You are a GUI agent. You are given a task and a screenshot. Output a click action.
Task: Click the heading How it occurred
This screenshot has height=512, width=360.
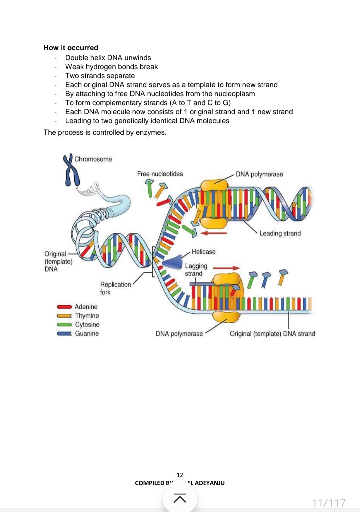tap(71, 48)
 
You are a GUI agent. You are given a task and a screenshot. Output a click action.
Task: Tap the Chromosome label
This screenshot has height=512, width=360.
tap(93, 159)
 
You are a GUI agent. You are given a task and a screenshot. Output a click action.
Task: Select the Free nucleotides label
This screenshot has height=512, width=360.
tap(160, 174)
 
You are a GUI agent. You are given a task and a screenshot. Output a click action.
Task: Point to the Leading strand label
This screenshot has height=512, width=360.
tap(280, 233)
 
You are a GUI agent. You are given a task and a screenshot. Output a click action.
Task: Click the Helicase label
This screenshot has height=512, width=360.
tap(203, 252)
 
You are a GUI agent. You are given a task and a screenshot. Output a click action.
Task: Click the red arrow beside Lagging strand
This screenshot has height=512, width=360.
tap(226, 268)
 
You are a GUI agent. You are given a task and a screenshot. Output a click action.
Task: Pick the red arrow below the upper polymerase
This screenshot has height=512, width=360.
tap(214, 233)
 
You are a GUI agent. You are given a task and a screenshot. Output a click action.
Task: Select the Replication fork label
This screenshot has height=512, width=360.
tap(115, 288)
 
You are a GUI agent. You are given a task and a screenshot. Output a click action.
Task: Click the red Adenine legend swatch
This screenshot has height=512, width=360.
tap(64, 307)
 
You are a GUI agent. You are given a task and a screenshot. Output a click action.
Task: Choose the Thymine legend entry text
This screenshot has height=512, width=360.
tap(87, 316)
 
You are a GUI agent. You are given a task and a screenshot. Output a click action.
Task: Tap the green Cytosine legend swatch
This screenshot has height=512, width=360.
tap(64, 325)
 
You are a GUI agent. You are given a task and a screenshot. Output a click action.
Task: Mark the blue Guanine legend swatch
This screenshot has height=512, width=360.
tap(64, 333)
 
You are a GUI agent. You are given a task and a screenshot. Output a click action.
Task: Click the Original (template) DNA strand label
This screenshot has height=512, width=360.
tap(272, 334)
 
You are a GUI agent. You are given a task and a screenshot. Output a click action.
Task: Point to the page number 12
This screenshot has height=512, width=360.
tap(180, 475)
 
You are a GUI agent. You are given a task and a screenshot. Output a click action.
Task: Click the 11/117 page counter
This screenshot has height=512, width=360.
tap(329, 502)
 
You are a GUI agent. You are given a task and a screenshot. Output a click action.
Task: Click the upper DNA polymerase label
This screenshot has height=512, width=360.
tap(259, 174)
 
